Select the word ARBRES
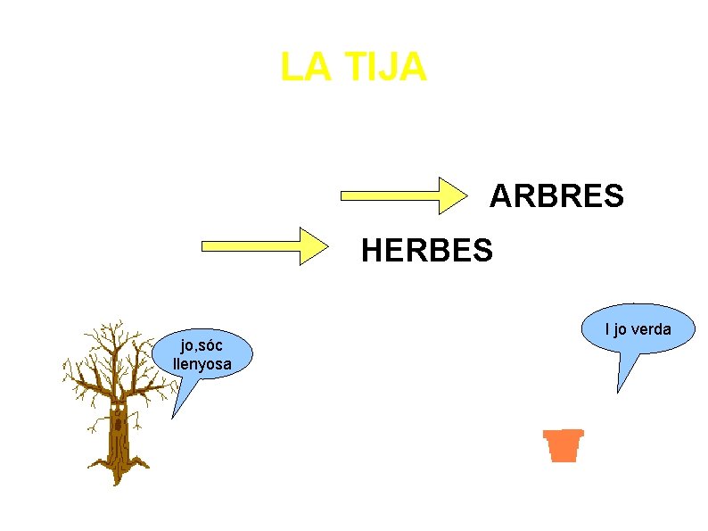pyautogui.click(x=556, y=196)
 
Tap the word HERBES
pyautogui.click(x=426, y=252)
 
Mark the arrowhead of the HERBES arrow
pyautogui.click(x=314, y=245)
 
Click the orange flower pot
pyautogui.click(x=563, y=444)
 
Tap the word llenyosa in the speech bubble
pyautogui.click(x=202, y=363)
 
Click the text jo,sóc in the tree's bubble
pyautogui.click(x=202, y=346)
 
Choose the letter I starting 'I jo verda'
pyautogui.click(x=607, y=330)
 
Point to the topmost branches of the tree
pyautogui.click(x=112, y=328)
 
